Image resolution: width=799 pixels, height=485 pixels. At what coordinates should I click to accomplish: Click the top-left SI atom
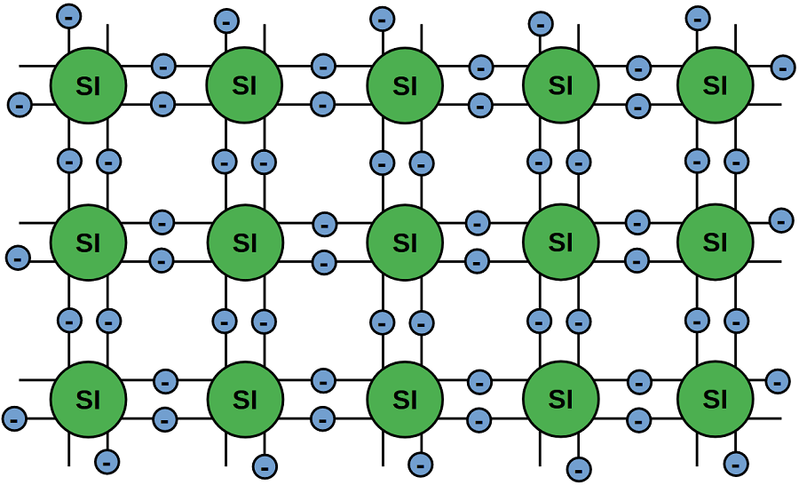pos(88,85)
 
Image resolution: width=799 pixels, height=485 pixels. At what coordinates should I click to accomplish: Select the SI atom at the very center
pos(405,242)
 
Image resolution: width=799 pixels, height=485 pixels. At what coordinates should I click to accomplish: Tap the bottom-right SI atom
pos(715,399)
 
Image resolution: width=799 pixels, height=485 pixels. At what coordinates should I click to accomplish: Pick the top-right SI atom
pos(715,85)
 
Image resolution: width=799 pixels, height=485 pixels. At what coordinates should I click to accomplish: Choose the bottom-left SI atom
pos(88,399)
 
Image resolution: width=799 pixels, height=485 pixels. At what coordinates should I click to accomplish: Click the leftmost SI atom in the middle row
pos(88,242)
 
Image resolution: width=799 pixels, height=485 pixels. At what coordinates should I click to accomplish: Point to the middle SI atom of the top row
pos(405,85)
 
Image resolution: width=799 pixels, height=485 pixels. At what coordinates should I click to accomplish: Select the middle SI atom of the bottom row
pos(405,399)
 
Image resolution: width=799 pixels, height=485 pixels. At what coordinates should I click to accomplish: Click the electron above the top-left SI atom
pos(69,15)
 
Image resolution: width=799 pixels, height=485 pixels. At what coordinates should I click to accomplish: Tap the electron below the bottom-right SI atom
pos(736,463)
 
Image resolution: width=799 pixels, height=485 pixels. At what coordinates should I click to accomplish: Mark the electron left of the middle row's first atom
pos(18,258)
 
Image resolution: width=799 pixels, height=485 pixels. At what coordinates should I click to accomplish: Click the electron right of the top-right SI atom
pos(782,67)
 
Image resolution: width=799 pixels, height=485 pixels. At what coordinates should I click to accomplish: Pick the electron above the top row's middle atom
pos(382,17)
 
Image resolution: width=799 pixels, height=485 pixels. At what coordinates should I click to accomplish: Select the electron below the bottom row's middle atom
pos(421,464)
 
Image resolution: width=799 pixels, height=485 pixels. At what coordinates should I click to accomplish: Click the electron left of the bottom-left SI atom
pos(15,417)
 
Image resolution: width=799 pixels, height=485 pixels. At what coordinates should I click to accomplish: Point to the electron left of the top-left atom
pos(20,105)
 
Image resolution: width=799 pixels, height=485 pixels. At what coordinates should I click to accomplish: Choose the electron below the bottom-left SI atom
pos(107,462)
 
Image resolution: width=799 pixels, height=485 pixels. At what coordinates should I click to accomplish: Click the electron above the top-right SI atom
pos(699,17)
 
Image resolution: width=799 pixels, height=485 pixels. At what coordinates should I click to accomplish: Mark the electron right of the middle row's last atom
pos(781,219)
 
